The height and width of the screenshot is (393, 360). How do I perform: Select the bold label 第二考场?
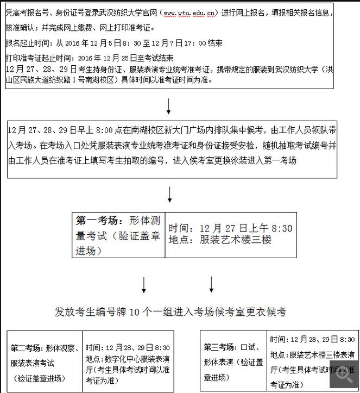[26, 348]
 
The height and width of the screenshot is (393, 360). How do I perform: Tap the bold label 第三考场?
[219, 347]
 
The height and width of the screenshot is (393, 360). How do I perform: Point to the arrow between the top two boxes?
[169, 105]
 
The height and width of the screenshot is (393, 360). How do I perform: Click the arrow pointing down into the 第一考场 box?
[169, 195]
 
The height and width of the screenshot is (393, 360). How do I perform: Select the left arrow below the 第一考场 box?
[144, 284]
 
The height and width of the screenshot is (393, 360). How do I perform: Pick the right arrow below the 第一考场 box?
[211, 284]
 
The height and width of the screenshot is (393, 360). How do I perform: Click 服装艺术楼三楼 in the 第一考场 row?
[236, 239]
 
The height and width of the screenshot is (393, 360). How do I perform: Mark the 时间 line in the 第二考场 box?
[128, 348]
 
